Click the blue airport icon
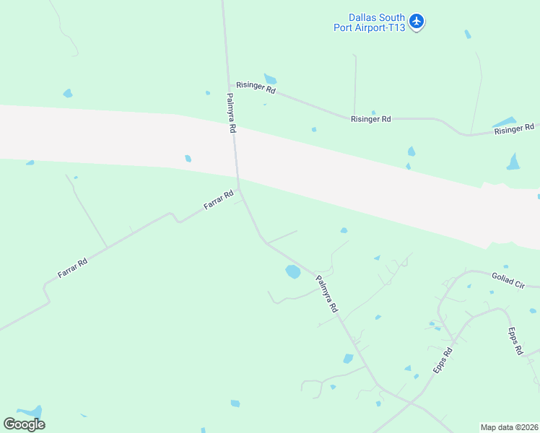point(416,22)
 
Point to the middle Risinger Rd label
point(370,119)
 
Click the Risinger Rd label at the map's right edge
point(514,129)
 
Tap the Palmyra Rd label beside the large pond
point(327,293)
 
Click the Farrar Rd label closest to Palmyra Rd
point(219,200)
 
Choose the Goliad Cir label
point(508,281)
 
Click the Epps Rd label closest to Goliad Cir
point(515,341)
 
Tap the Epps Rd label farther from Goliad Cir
point(443,360)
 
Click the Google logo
point(24,424)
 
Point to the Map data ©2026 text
point(509,427)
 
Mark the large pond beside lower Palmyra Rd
point(292,271)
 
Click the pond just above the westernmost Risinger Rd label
point(270,79)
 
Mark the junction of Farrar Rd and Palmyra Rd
point(240,191)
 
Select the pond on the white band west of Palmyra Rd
point(188,158)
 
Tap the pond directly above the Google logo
point(30,411)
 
